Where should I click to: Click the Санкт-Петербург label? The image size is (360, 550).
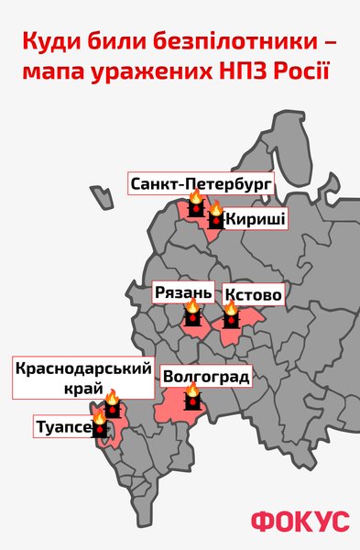coord(202,182)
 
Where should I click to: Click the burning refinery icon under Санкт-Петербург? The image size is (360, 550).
coord(195,205)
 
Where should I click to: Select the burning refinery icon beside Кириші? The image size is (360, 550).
coord(215,217)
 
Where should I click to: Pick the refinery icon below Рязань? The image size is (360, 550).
coord(192,315)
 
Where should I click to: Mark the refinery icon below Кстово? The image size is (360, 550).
coord(230,318)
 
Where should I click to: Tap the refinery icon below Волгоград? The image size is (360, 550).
coord(192,399)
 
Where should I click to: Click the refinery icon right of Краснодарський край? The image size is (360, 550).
coord(112,403)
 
